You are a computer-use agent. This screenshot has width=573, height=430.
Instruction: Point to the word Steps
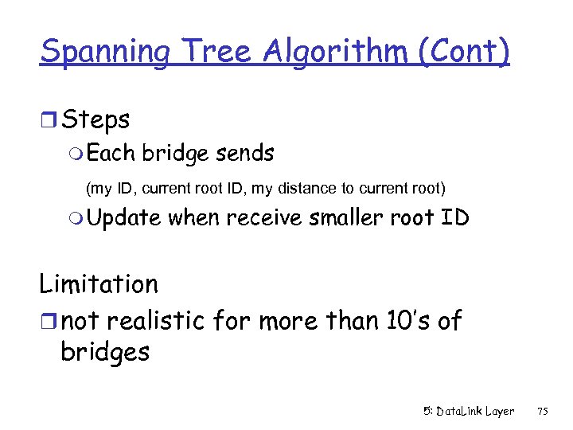(95, 120)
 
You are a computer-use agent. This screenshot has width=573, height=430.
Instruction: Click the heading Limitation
(99, 283)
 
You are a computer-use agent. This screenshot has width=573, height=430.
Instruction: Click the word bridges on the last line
(104, 351)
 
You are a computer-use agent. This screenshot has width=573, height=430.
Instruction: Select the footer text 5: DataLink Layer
(468, 411)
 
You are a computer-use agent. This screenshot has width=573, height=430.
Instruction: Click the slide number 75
(543, 411)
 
